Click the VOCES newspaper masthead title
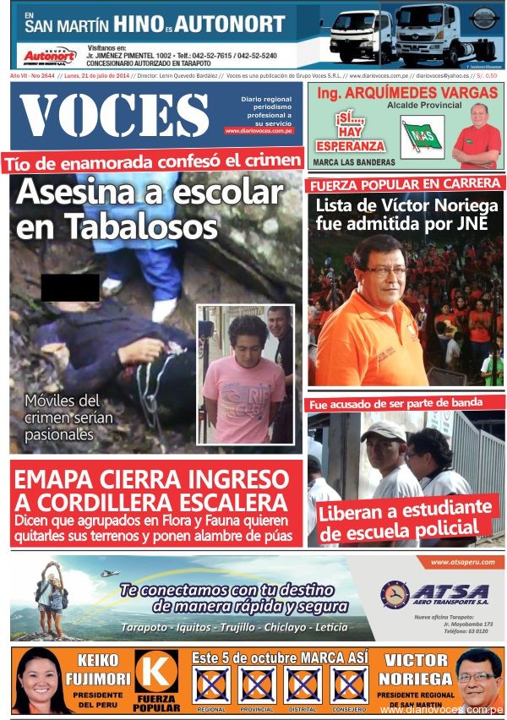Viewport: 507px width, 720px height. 114,114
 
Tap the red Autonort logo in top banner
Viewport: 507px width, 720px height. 49,57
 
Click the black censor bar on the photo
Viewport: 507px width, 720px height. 70,287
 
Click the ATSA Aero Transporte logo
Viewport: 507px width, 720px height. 435,594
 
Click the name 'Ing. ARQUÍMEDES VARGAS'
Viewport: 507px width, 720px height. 405,91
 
